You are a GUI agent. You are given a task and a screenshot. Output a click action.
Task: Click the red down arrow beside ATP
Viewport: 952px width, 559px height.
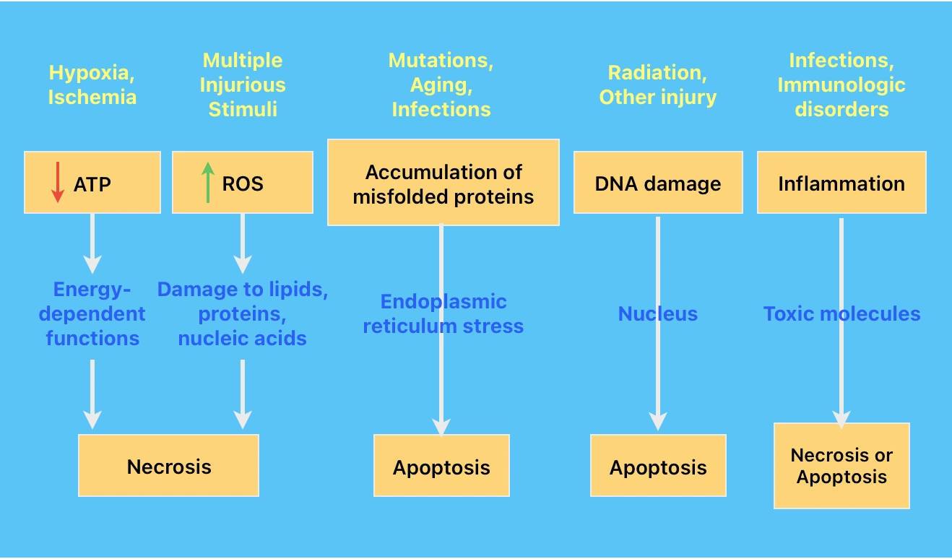point(57,183)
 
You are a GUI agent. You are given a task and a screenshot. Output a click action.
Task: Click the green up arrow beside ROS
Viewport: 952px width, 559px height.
point(208,183)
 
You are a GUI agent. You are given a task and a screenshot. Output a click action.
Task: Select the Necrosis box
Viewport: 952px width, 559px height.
point(168,466)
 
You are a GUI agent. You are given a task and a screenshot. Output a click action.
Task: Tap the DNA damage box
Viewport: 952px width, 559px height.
point(657,183)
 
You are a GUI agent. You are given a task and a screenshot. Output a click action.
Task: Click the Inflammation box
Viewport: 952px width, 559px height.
point(841,183)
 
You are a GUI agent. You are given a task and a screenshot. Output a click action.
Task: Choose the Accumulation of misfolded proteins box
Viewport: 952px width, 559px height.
point(443,183)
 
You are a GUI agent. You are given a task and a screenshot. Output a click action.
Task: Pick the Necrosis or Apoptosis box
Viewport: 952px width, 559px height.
point(841,466)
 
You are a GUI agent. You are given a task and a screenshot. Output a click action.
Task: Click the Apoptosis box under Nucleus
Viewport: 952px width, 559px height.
point(657,467)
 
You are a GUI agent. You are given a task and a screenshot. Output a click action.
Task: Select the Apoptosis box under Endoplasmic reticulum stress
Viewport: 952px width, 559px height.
point(441,467)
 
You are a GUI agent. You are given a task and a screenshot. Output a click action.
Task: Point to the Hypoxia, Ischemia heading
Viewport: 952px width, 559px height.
point(92,85)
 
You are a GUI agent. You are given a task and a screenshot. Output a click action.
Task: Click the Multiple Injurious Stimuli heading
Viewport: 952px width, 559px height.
point(243,84)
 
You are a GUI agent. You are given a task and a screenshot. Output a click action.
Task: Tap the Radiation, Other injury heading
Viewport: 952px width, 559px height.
point(657,85)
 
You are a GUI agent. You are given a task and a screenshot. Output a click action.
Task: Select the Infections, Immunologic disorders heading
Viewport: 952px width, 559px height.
point(841,84)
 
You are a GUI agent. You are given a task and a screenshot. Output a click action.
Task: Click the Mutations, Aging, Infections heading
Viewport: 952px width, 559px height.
point(441,84)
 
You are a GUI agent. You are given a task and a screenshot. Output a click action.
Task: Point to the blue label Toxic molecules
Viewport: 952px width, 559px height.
point(841,313)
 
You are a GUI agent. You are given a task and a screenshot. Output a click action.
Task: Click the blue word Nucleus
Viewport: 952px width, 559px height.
point(657,313)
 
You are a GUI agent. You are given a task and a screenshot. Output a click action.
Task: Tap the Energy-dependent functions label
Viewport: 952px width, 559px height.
point(92,314)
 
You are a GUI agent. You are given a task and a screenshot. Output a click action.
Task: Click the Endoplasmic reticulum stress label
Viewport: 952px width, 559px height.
point(443,314)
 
